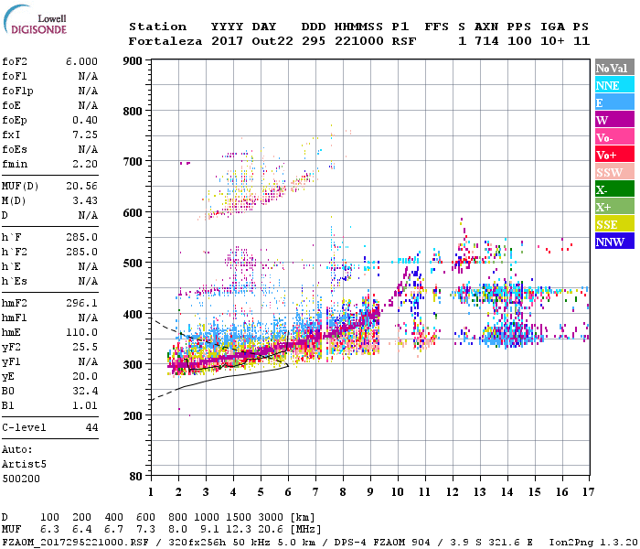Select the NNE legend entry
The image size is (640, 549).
tap(613, 85)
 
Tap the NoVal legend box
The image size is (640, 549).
tap(613, 68)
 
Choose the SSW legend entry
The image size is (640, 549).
tap(613, 172)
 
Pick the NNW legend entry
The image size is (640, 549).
tap(613, 242)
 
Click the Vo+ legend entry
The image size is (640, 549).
tap(613, 155)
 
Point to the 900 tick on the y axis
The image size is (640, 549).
tap(133, 61)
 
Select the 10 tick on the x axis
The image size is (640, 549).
tap(397, 492)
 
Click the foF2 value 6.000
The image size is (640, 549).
tap(81, 60)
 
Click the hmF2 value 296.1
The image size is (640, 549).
tap(81, 303)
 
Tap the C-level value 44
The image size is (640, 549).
tap(91, 427)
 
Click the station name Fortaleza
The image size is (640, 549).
tap(165, 41)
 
